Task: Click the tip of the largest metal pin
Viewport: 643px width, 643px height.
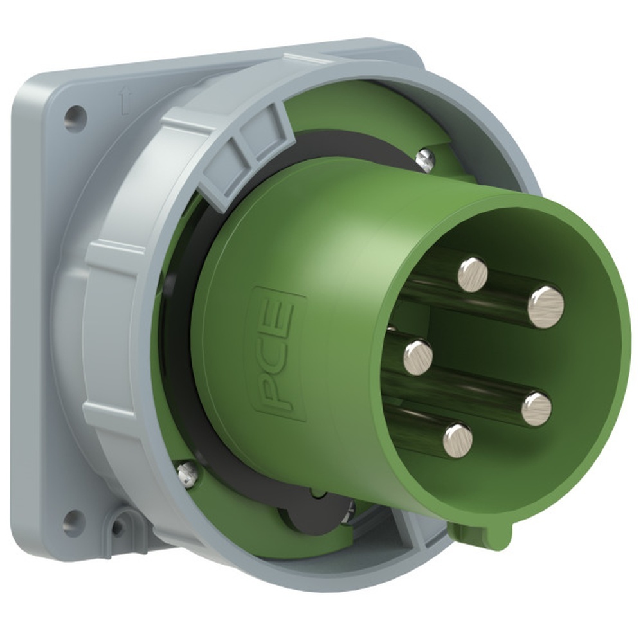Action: pyautogui.click(x=545, y=307)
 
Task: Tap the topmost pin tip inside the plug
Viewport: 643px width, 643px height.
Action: pyautogui.click(x=473, y=275)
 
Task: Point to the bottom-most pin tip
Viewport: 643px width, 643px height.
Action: pyautogui.click(x=457, y=440)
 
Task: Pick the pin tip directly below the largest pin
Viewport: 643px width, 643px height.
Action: pyautogui.click(x=536, y=409)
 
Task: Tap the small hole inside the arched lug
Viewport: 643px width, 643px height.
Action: pyautogui.click(x=118, y=528)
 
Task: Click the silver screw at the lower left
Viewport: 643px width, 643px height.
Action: pyautogui.click(x=186, y=475)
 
